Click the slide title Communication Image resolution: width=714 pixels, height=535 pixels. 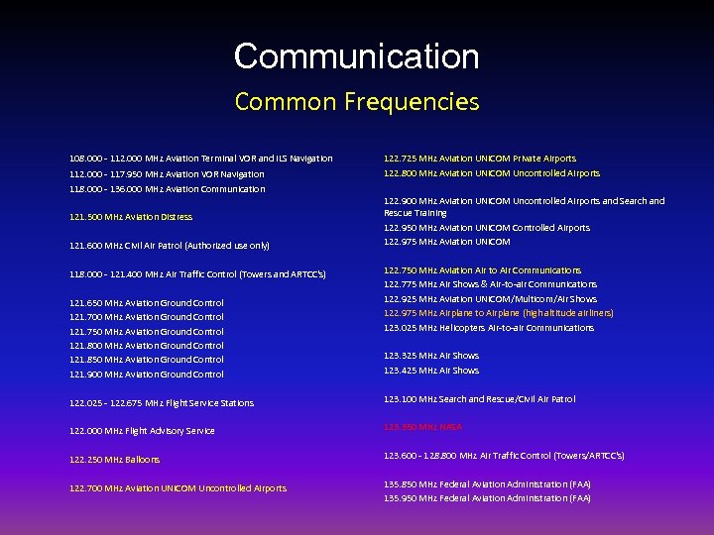tap(356, 56)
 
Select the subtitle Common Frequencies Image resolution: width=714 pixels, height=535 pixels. tap(356, 101)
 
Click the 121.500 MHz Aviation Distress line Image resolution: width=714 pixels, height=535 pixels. tap(131, 217)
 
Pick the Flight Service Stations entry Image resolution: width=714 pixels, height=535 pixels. tap(162, 403)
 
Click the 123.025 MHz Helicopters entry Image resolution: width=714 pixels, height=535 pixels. tap(489, 328)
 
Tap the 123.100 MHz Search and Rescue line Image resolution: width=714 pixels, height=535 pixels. tap(479, 399)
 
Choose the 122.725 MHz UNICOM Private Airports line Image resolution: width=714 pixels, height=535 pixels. tap(480, 159)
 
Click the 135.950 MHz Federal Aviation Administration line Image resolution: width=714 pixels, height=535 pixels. tap(487, 498)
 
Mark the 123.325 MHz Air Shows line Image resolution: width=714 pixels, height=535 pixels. tap(431, 356)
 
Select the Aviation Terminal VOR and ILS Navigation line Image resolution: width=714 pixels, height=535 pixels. tap(201, 159)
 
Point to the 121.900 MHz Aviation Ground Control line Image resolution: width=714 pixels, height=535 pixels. tap(147, 374)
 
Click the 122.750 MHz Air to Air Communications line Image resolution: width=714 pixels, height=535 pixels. tap(483, 270)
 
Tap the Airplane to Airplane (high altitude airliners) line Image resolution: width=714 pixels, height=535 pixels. tap(499, 313)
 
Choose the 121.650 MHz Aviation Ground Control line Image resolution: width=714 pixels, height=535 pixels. tap(147, 303)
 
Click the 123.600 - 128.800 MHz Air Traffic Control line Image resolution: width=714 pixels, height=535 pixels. tap(504, 456)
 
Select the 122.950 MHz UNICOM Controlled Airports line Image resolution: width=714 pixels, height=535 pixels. tap(487, 228)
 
